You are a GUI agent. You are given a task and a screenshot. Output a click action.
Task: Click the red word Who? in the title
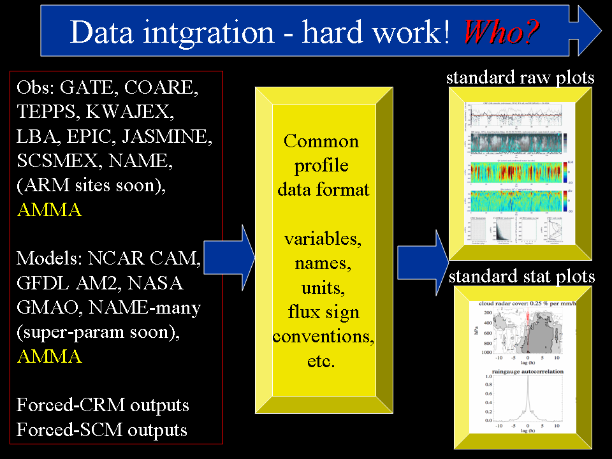click(501, 31)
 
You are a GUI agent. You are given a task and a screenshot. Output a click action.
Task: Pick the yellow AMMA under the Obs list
click(49, 210)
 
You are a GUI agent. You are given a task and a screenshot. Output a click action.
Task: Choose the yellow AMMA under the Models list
click(49, 356)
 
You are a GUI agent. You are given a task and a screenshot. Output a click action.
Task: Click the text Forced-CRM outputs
click(103, 405)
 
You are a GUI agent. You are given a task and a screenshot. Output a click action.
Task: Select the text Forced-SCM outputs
click(102, 430)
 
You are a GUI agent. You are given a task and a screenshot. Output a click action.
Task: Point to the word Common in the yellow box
click(321, 141)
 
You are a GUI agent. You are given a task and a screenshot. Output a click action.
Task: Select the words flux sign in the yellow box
click(323, 312)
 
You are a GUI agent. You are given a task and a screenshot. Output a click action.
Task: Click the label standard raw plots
click(520, 78)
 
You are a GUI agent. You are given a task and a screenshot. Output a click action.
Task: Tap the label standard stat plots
click(521, 277)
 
